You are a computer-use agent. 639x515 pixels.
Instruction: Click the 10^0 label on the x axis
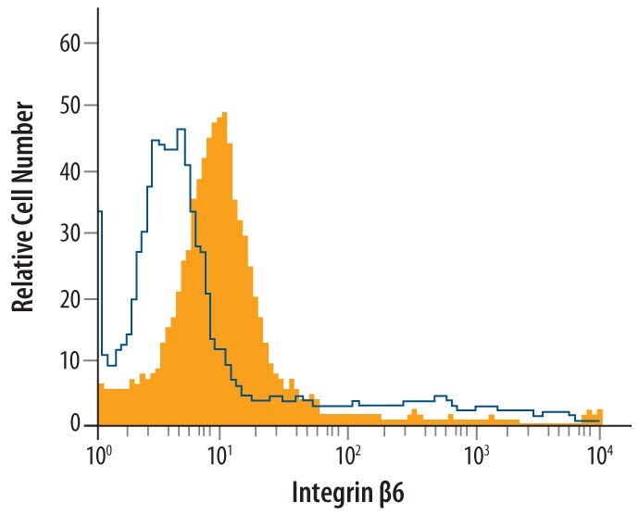click(x=98, y=453)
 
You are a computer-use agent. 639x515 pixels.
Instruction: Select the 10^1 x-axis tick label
click(x=221, y=453)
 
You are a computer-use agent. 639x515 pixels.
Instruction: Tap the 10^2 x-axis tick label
click(x=349, y=453)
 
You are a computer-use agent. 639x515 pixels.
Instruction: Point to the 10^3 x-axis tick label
click(x=475, y=453)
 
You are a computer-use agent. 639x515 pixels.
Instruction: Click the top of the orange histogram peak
click(x=223, y=114)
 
